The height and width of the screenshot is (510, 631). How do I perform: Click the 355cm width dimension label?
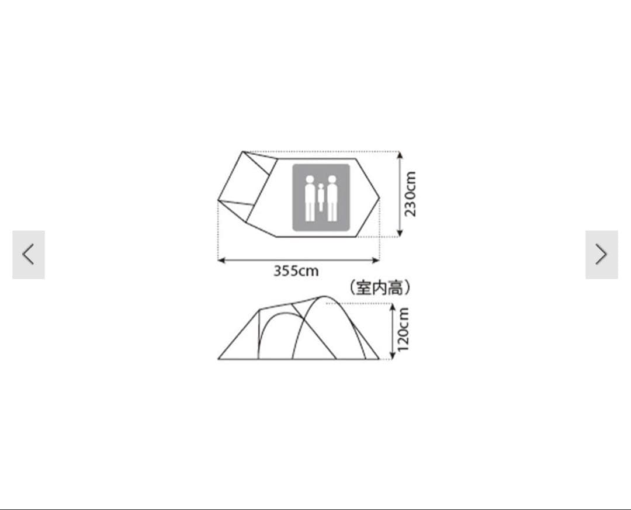tap(296, 271)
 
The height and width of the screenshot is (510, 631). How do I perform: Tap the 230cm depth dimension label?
tap(410, 194)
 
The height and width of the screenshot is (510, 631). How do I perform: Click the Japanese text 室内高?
tap(380, 288)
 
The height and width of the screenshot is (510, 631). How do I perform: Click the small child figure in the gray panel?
tap(321, 197)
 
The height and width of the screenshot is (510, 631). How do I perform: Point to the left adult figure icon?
tap(310, 199)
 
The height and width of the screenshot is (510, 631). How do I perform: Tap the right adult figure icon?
tap(332, 199)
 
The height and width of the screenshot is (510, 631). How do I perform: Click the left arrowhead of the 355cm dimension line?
tap(220, 261)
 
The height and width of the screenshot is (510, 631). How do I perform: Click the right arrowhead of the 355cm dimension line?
tap(376, 261)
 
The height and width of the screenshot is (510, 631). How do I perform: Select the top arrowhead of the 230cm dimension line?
tap(400, 155)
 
